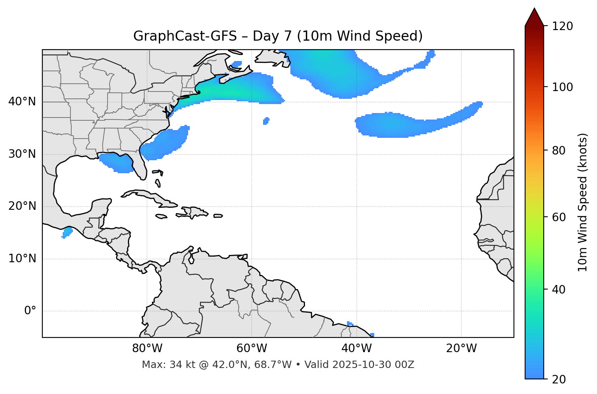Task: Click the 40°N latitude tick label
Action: (22, 102)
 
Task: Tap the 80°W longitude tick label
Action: (147, 348)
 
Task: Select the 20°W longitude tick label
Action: (461, 348)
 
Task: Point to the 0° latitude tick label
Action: (30, 311)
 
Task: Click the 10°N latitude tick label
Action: (22, 259)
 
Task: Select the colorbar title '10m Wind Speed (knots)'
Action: (583, 202)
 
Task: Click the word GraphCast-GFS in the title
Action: (185, 36)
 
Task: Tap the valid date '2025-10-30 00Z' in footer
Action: (373, 365)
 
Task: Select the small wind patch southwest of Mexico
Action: (67, 232)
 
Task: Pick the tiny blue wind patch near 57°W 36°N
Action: (266, 121)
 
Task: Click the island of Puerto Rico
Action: (218, 216)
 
